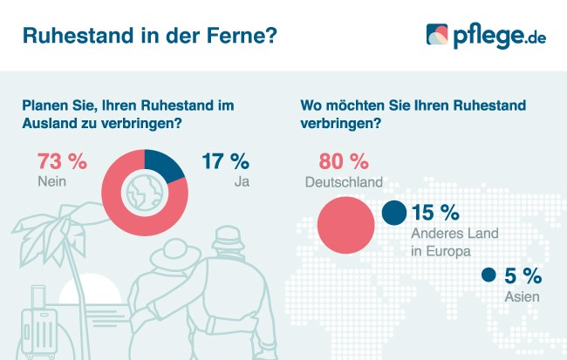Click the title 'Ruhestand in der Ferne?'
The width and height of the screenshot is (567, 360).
click(150, 35)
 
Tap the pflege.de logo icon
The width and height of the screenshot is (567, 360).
click(437, 35)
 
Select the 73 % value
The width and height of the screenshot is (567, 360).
click(62, 162)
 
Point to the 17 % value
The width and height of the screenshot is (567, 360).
click(225, 162)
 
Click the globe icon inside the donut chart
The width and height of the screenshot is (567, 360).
click(145, 191)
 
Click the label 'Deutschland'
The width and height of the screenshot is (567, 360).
click(344, 182)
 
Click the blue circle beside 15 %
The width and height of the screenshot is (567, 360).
click(394, 213)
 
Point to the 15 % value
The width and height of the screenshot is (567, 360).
click(435, 213)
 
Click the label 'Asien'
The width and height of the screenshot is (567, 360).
click(521, 296)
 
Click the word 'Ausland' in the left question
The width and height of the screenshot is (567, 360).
click(49, 123)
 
